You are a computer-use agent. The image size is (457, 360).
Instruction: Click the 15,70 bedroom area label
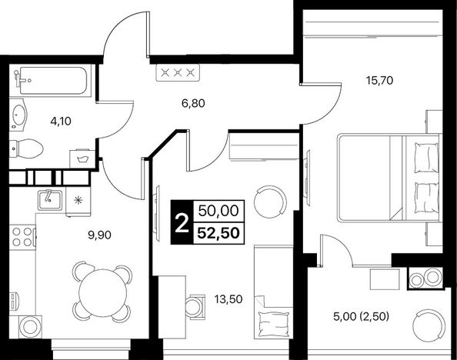379,81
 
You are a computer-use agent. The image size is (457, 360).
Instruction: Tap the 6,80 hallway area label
193,103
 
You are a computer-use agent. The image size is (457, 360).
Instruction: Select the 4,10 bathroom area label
61,121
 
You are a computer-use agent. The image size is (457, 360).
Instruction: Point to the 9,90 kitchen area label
99,235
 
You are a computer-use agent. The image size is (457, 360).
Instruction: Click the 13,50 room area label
228,299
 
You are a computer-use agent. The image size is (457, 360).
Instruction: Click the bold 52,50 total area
218,233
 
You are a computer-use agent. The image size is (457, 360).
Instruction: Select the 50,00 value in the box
218,211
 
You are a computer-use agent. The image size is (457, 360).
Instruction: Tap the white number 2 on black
182,222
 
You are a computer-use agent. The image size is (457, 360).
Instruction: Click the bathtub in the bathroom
53,81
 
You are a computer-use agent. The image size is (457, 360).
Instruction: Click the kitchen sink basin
50,200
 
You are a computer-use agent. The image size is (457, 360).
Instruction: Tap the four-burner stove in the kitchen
22,236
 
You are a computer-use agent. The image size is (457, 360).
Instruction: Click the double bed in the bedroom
389,177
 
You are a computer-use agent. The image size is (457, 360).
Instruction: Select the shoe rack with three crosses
178,72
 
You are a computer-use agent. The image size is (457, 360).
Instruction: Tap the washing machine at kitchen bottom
30,327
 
